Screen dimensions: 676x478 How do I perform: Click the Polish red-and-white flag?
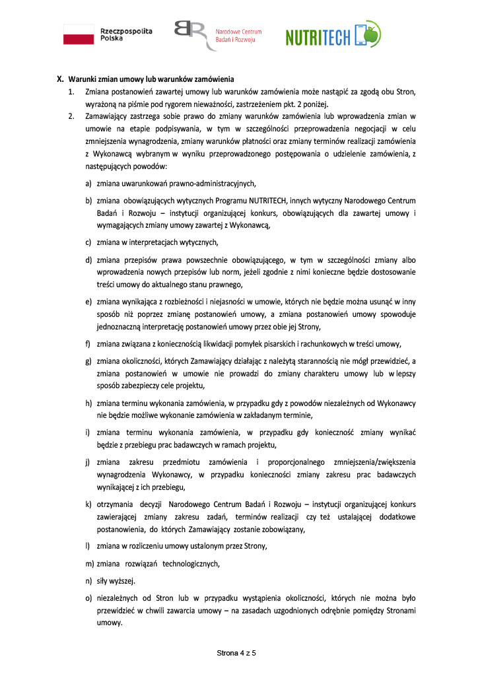[79, 34]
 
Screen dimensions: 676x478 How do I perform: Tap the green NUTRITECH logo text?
[318, 38]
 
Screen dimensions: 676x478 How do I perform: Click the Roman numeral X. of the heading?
[59, 80]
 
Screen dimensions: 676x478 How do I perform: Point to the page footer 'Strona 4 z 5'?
[236, 653]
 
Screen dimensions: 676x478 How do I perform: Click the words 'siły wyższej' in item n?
[116, 580]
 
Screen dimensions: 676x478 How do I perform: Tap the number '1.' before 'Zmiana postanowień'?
[71, 92]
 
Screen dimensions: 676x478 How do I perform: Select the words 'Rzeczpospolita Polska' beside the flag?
[125, 34]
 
